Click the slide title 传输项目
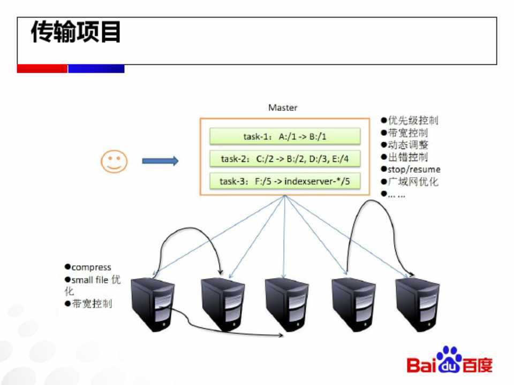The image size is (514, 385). pyautogui.click(x=75, y=33)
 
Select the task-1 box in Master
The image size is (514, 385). pyautogui.click(x=284, y=136)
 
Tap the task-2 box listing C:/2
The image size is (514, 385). pyautogui.click(x=284, y=159)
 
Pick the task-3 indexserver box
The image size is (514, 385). pyautogui.click(x=284, y=181)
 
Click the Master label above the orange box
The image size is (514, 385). pyautogui.click(x=283, y=107)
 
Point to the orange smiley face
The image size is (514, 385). pyautogui.click(x=115, y=161)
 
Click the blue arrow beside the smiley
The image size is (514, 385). pyautogui.click(x=160, y=161)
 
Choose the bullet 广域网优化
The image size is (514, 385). pyautogui.click(x=413, y=182)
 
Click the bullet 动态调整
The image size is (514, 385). pyautogui.click(x=408, y=145)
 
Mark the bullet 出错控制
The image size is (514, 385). pyautogui.click(x=408, y=157)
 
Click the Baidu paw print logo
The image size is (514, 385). pyautogui.click(x=449, y=359)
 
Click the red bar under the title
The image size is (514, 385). pyautogui.click(x=42, y=69)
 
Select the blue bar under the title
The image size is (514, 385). pyautogui.click(x=96, y=69)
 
